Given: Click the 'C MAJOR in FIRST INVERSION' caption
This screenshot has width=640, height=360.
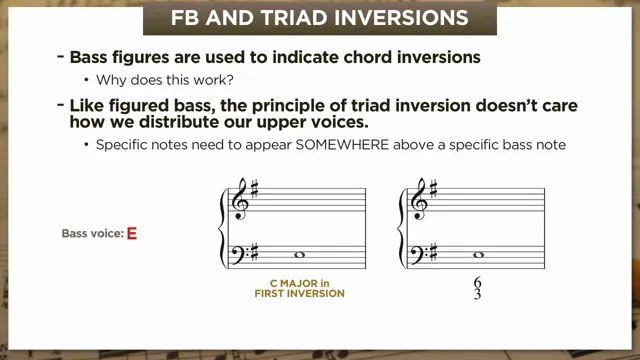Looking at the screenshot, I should click(x=299, y=289).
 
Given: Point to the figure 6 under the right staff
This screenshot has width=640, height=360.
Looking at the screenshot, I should click(x=478, y=284).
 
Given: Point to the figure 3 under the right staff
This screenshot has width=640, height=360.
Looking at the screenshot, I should click(x=478, y=295).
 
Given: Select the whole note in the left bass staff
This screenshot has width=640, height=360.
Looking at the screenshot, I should click(x=299, y=256).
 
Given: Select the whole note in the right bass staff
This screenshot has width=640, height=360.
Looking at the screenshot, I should click(x=479, y=256).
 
